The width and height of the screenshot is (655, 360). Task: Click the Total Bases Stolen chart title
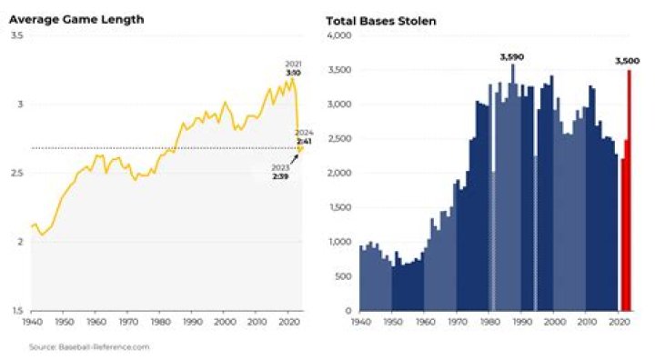coord(380,19)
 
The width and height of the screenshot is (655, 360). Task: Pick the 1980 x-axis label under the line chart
coord(160,323)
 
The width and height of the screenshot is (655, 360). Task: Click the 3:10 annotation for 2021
coord(293,71)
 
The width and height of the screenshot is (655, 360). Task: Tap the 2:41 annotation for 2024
coord(305,140)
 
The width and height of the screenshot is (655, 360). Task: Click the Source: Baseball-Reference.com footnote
coord(89,346)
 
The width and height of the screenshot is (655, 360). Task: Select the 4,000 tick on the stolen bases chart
coord(338,35)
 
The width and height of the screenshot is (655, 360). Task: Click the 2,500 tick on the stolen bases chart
coord(338,138)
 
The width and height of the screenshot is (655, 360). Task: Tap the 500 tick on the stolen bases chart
coord(342,276)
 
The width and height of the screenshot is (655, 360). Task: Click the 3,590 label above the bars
coord(513,56)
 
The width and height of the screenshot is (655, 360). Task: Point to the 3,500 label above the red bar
coord(628,61)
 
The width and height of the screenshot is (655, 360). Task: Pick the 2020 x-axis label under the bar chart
coord(619,323)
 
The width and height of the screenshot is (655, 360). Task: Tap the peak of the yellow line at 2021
coord(293,78)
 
